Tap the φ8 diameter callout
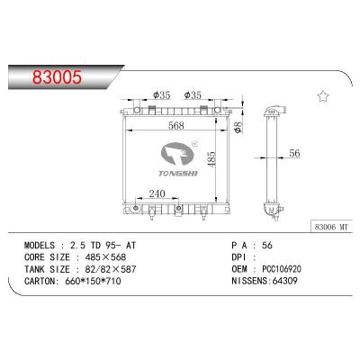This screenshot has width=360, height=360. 236,127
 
